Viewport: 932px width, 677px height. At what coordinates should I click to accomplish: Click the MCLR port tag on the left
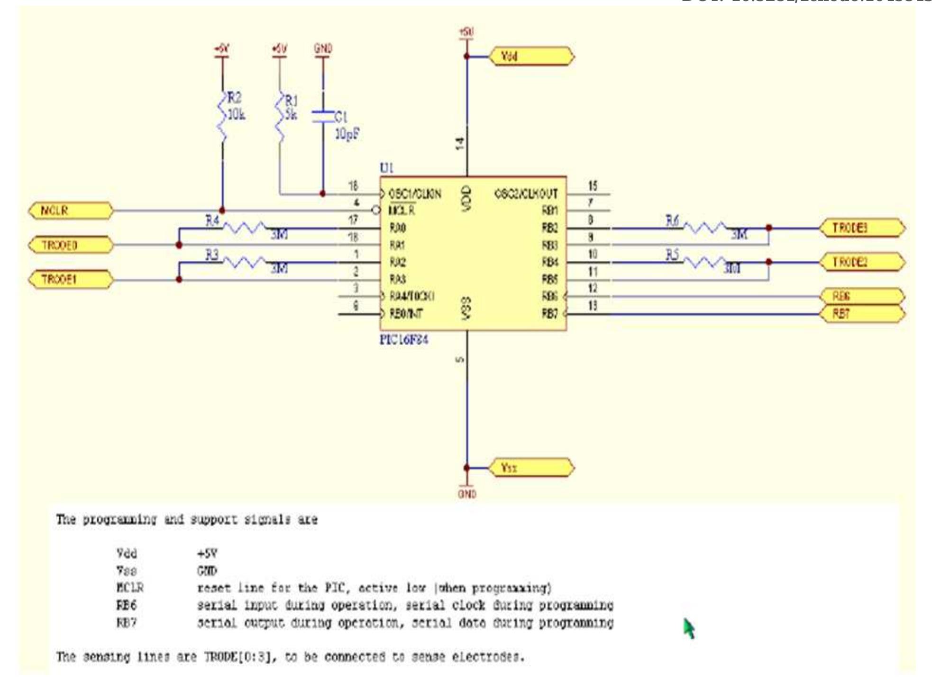[70, 210]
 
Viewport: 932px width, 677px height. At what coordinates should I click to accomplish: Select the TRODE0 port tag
[70, 245]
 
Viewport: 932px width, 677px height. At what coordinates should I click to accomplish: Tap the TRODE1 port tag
[70, 279]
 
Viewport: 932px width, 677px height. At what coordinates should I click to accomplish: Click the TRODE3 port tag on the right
[862, 228]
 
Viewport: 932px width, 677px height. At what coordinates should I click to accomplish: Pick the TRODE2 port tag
[862, 262]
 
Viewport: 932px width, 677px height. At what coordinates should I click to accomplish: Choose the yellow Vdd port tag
[531, 56]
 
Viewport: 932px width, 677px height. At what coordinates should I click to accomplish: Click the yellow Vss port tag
[531, 468]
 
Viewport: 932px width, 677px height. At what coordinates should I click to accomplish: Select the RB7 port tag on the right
[862, 314]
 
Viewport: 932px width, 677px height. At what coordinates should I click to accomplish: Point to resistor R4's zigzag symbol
[244, 228]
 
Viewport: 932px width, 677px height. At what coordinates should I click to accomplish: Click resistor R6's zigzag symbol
[704, 228]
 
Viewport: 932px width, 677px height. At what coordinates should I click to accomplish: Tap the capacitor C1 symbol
[323, 117]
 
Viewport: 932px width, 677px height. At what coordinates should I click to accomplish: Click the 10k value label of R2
[236, 115]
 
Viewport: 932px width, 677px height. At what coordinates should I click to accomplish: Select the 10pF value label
[347, 134]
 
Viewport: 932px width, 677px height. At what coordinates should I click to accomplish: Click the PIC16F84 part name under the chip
[404, 340]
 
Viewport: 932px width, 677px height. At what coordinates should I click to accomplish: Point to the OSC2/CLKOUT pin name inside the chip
[526, 194]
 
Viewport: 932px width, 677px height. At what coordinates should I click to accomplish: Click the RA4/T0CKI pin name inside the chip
[411, 296]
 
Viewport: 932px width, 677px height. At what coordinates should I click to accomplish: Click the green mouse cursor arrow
[689, 628]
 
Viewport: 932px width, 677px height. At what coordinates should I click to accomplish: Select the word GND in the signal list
[207, 571]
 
